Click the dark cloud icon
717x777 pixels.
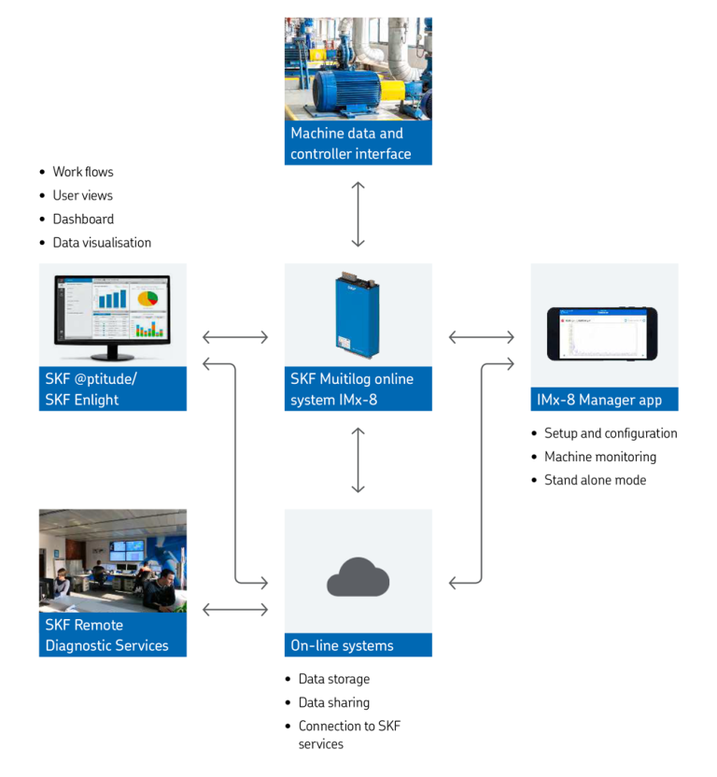tap(358, 579)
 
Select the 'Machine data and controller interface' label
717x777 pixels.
tap(350, 144)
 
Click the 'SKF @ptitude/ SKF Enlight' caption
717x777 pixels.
tap(91, 388)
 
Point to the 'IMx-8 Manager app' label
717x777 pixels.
tap(599, 400)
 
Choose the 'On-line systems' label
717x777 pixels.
tap(342, 645)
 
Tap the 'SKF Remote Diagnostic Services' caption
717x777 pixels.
tap(106, 635)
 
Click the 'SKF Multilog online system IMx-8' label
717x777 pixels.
tap(352, 388)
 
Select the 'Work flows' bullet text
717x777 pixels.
tap(83, 172)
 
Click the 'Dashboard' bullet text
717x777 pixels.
tap(83, 219)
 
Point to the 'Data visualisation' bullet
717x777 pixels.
tap(102, 242)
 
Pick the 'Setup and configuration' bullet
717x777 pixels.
tap(611, 433)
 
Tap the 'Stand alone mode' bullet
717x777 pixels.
tap(595, 480)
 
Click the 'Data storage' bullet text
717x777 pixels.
tap(334, 679)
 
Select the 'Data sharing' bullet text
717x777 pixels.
tap(334, 702)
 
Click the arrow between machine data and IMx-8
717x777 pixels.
tap(358, 214)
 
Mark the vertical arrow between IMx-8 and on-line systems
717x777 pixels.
tap(358, 459)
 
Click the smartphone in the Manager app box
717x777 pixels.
tap(602, 333)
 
